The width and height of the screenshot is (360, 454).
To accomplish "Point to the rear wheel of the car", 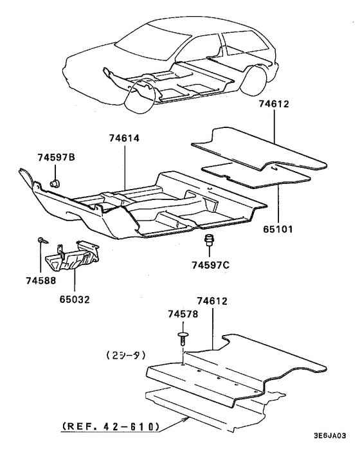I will [257, 81].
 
